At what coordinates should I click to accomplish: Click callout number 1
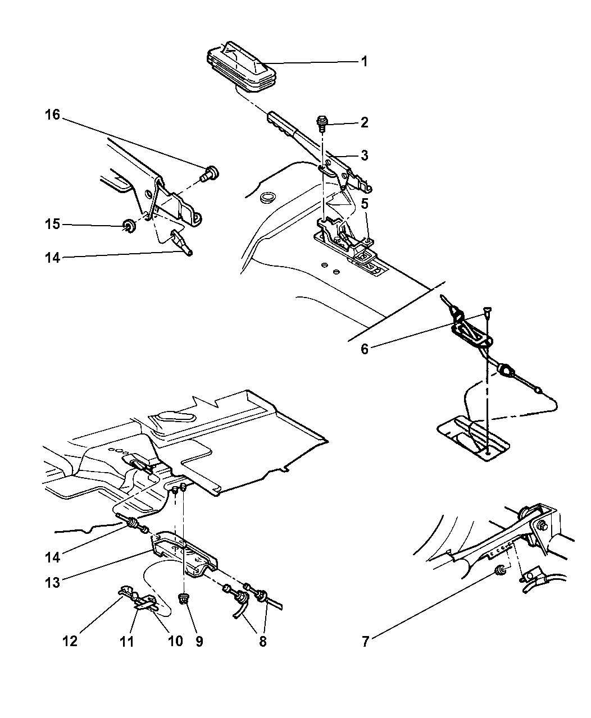[x=364, y=61]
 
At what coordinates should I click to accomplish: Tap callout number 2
[x=364, y=122]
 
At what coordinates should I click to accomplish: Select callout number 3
[x=364, y=156]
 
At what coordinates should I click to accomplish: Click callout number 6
[x=365, y=349]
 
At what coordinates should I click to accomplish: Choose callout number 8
[x=262, y=641]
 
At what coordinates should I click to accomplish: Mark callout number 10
[x=175, y=641]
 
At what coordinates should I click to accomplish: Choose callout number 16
[x=52, y=116]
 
